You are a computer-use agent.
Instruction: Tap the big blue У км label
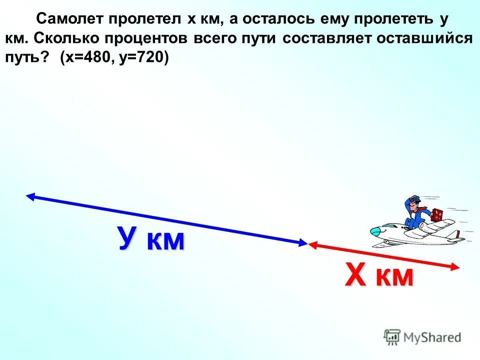[151, 239]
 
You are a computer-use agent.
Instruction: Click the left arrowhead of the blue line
[30, 196]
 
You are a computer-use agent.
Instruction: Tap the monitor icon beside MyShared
[392, 336]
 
